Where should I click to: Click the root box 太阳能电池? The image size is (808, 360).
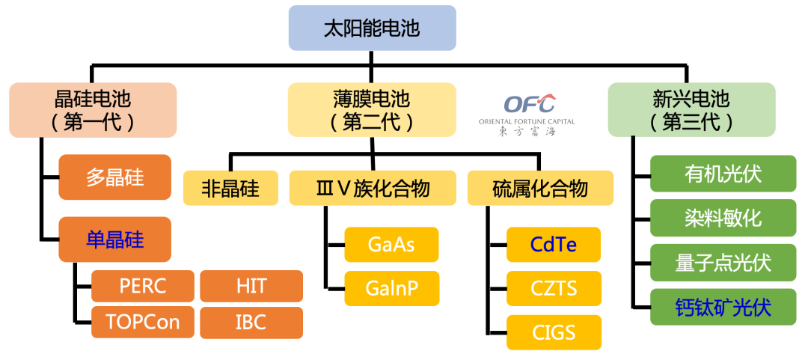click(372, 28)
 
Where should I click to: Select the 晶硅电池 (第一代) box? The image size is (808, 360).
click(93, 110)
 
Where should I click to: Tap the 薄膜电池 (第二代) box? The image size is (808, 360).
click(372, 110)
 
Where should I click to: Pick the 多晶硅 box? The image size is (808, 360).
click(114, 177)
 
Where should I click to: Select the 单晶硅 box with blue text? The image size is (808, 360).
click(114, 240)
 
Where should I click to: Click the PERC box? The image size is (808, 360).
click(143, 286)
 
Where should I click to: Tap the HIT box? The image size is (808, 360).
click(251, 286)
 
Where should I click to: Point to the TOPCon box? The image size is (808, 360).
click(143, 323)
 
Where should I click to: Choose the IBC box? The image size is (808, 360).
click(251, 323)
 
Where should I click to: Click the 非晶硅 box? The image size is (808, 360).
click(230, 189)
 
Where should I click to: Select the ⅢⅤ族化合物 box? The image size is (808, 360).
click(373, 189)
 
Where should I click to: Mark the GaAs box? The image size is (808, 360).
click(391, 245)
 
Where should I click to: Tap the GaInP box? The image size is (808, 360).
click(391, 289)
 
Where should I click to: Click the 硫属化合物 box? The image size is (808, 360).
click(540, 189)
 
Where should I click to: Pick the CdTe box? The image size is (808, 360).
click(554, 245)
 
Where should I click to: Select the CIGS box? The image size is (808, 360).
click(554, 332)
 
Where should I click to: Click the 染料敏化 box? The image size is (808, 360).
click(723, 218)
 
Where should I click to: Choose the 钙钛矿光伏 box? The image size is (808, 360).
click(723, 307)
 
